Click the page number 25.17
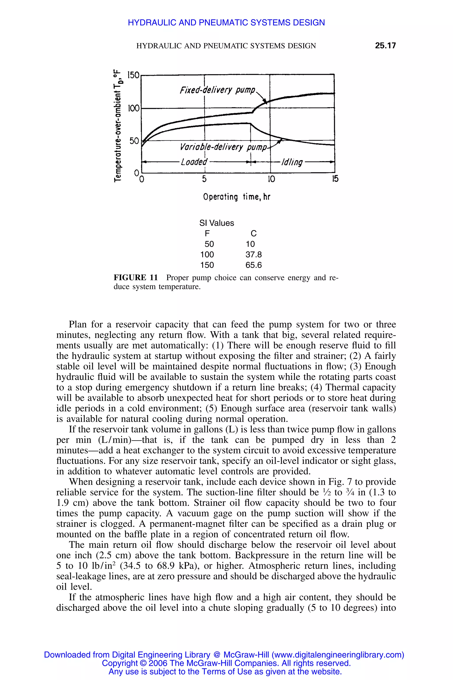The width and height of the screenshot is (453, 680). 385,45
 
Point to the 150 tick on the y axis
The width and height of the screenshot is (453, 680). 133,75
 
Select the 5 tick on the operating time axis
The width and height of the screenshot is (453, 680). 204,179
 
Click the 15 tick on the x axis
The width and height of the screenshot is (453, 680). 335,179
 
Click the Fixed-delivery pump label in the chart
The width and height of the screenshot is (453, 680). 217,90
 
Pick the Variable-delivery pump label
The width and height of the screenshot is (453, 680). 224,147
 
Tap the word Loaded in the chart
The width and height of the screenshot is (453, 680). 194,162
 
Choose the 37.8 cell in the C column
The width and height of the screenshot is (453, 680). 253,254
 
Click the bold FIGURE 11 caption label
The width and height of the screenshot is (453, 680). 136,278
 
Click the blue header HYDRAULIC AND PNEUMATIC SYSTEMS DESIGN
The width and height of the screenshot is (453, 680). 226,23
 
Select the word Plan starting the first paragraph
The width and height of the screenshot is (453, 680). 77,324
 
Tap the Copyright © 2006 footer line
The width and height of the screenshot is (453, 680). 226,663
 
